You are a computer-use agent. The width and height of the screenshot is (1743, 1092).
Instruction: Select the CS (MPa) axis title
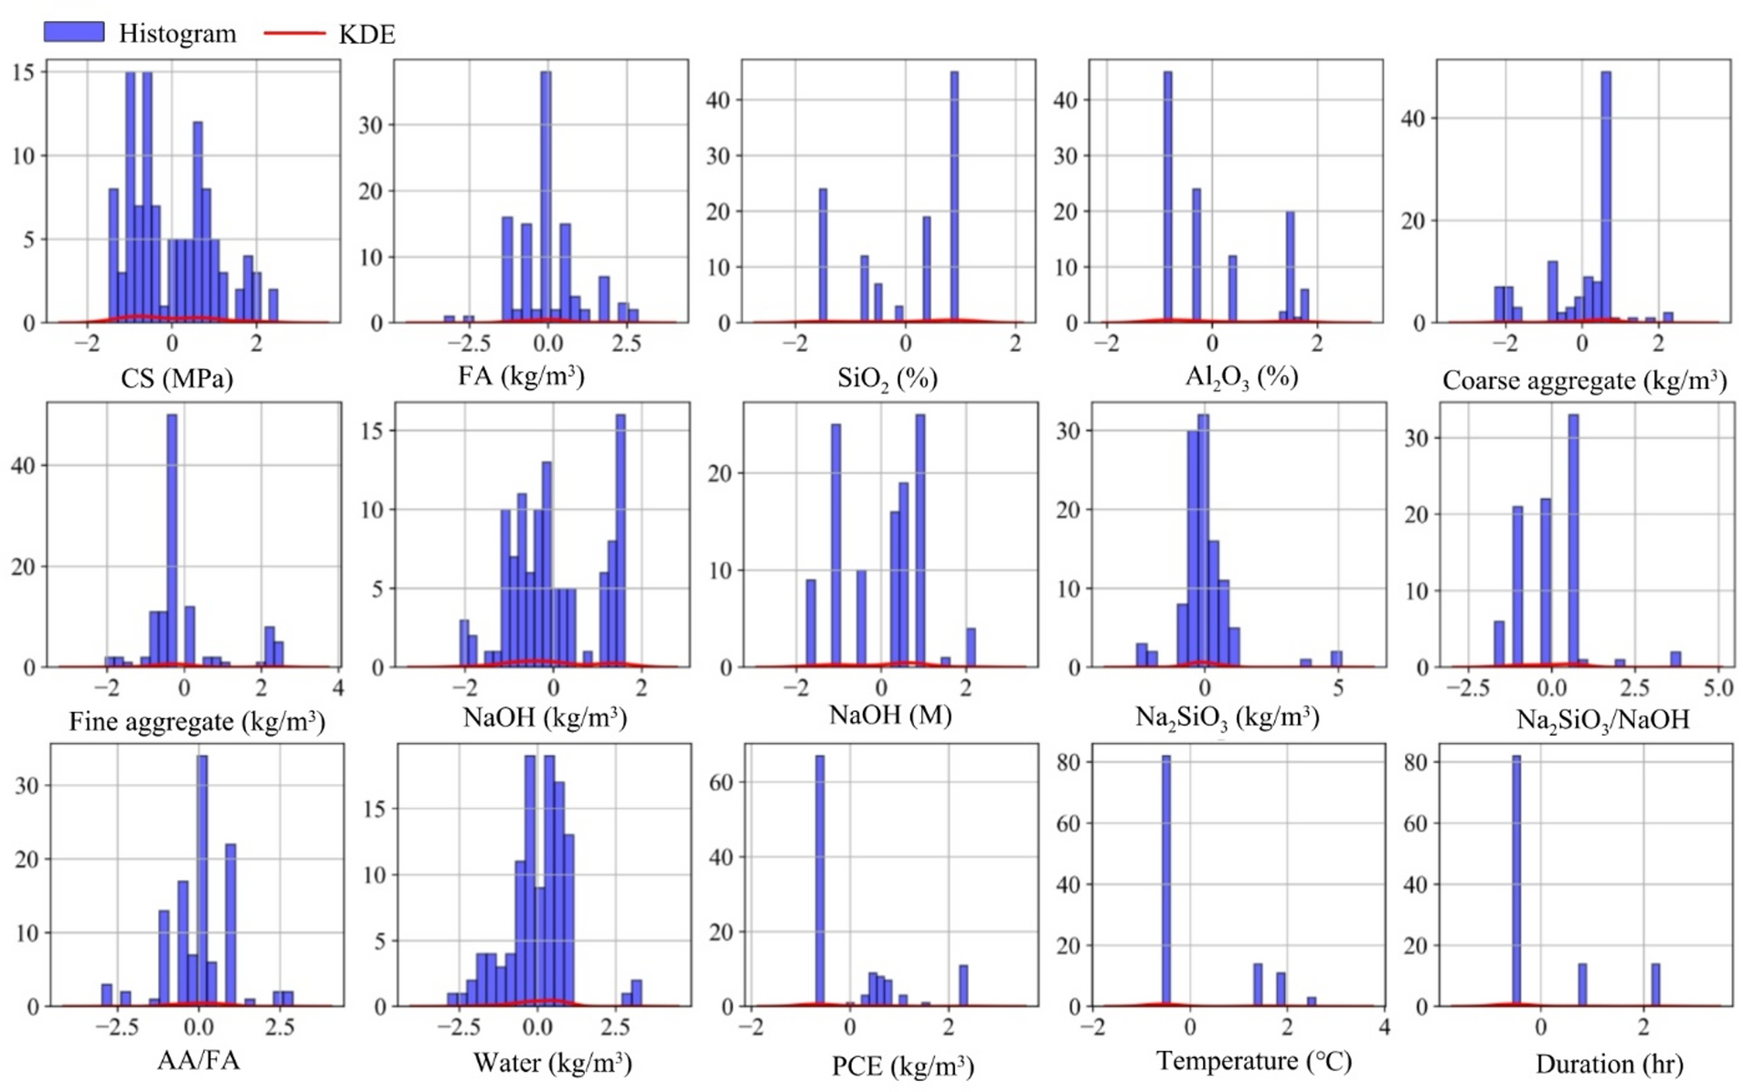tap(176, 378)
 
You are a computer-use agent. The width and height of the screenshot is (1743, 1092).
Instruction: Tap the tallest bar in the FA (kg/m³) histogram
tap(546, 196)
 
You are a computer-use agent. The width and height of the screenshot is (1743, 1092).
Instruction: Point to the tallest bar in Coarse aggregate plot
tap(1606, 196)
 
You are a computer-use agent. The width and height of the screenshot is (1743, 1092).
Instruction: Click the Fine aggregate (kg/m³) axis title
tap(197, 722)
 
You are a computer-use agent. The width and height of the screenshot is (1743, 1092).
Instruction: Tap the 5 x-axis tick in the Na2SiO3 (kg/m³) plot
tap(1337, 688)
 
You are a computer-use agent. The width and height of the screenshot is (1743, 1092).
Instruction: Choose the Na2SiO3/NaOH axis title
tap(1602, 720)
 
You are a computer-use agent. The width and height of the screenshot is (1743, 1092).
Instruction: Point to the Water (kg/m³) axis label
tap(552, 1063)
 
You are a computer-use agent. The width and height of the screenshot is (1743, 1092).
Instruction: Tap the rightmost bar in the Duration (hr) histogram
tap(1655, 984)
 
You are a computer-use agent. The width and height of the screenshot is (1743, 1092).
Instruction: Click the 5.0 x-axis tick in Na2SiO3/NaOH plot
tap(1718, 688)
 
